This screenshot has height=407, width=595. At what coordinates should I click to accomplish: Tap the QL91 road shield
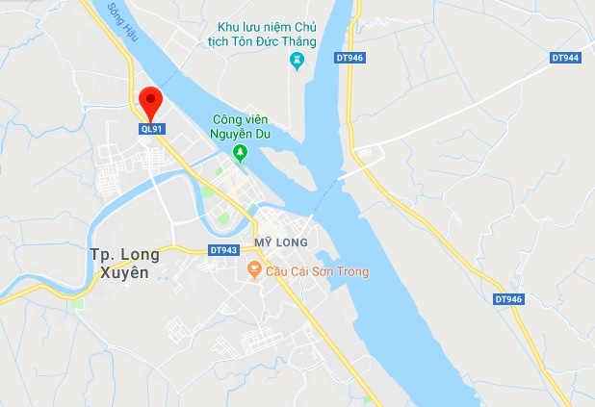click(151, 127)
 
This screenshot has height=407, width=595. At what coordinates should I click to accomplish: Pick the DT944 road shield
click(566, 58)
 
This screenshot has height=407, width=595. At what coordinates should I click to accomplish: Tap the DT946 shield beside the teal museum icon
click(349, 58)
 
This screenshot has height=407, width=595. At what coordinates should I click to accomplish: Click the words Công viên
click(243, 119)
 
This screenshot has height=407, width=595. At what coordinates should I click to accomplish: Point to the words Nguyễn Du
click(242, 134)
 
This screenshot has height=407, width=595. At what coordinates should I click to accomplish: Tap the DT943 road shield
click(222, 250)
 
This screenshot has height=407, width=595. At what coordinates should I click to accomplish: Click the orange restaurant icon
click(254, 271)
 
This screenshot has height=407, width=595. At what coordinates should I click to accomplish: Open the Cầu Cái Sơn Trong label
click(317, 271)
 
